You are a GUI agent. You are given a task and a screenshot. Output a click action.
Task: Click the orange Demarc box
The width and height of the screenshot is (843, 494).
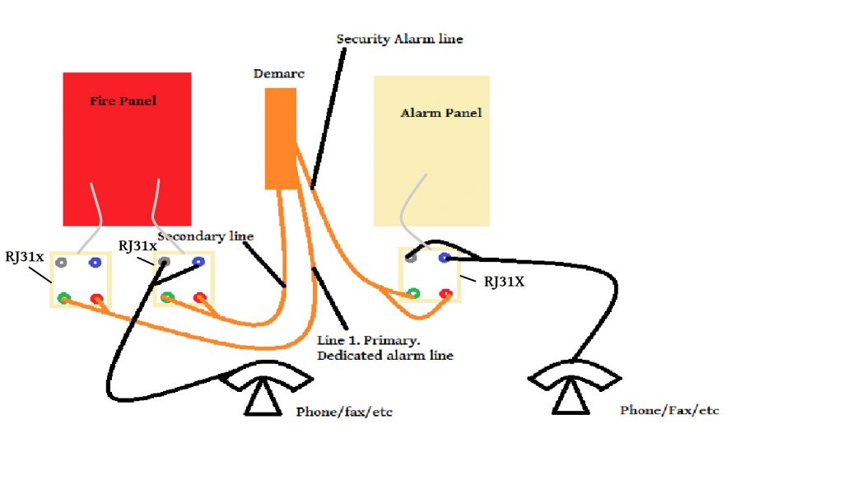tap(280, 138)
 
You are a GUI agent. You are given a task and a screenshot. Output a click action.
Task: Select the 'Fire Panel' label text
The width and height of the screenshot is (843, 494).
tap(123, 101)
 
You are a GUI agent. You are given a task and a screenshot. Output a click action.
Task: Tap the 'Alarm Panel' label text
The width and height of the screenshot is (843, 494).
tap(441, 113)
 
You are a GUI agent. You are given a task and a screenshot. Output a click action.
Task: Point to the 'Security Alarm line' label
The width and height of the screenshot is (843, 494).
tap(400, 39)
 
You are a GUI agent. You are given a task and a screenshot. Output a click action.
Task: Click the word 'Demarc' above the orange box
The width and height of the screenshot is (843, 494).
tap(278, 74)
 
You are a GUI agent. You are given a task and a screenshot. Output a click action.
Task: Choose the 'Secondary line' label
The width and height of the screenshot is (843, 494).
tap(206, 236)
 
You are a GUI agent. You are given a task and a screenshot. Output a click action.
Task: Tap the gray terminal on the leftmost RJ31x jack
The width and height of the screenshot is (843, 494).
tap(61, 263)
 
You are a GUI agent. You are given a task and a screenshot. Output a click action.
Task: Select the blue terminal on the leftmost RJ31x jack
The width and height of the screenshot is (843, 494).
tap(95, 263)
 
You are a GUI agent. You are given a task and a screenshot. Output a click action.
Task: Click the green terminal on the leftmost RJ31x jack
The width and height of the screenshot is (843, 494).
tap(63, 298)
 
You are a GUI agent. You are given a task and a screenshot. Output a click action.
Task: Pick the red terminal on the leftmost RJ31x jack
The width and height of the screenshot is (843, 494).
tap(97, 298)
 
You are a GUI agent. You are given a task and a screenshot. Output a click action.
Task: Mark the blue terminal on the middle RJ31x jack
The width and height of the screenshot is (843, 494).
tap(198, 263)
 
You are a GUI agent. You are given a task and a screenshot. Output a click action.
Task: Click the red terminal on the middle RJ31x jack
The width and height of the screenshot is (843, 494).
tap(199, 297)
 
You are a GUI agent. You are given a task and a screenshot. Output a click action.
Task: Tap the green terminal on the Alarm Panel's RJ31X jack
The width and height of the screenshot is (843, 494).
tap(413, 292)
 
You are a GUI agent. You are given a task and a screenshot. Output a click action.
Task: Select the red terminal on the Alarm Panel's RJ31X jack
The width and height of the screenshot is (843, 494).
tap(445, 293)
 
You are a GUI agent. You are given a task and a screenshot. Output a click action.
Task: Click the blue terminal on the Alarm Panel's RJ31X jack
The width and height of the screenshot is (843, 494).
tap(445, 258)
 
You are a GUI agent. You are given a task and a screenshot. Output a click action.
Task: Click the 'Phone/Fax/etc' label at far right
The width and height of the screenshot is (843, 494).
tap(669, 410)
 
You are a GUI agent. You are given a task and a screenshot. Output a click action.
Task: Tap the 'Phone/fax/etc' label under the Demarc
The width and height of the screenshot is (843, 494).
tap(344, 412)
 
